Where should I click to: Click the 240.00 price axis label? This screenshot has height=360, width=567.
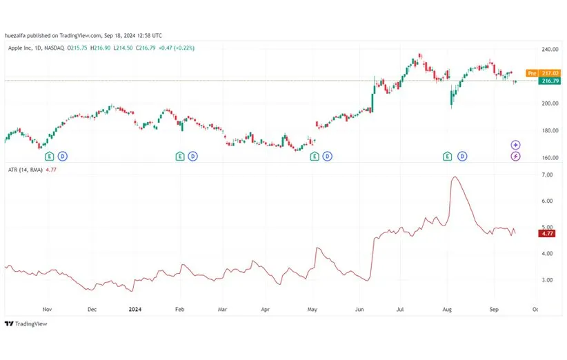click(548, 50)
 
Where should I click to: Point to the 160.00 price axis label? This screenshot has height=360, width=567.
click(548, 157)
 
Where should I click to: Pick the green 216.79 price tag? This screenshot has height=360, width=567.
click(550, 81)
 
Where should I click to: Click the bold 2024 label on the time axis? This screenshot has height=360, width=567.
click(135, 310)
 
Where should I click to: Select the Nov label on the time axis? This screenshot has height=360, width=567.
click(47, 310)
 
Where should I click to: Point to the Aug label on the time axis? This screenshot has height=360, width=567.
click(447, 310)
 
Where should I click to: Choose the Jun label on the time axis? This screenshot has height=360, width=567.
click(359, 310)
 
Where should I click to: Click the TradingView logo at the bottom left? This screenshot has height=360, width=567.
click(21, 323)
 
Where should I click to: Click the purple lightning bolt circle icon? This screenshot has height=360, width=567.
click(516, 157)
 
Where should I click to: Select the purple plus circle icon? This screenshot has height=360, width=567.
click(516, 145)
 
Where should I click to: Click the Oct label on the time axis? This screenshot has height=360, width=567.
click(535, 310)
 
